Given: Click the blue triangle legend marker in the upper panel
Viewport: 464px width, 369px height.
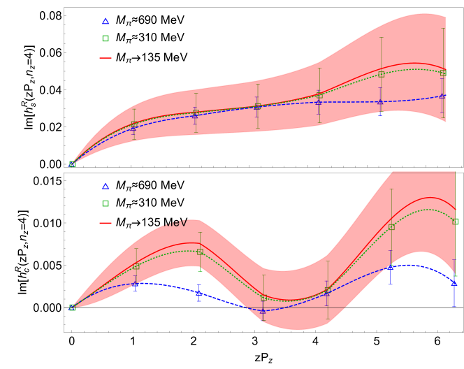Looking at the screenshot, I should tap(106, 22).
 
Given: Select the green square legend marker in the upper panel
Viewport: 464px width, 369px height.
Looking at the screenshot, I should tap(106, 38).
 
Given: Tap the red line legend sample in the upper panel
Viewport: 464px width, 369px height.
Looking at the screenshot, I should tap(106, 58).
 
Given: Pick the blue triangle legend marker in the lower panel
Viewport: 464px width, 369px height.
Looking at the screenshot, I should tap(106, 187).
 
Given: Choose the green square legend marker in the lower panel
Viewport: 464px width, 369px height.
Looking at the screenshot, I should tap(106, 204).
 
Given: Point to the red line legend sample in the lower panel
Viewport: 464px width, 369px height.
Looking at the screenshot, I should tap(106, 224).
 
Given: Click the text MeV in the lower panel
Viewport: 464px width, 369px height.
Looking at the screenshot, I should tap(175, 223).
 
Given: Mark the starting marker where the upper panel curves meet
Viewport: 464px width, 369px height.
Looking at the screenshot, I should tap(72, 164).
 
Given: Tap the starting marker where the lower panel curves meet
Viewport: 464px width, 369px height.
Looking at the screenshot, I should tap(72, 307).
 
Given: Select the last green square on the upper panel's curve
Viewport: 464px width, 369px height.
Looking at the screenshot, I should tap(444, 73).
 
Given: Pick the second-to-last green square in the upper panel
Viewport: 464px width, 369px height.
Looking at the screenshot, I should tap(382, 74).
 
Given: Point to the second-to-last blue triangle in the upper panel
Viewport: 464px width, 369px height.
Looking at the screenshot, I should tap(381, 102).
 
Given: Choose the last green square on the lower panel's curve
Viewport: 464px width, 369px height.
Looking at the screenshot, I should tap(455, 222).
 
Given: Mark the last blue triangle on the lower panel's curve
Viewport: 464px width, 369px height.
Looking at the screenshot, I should tap(454, 283).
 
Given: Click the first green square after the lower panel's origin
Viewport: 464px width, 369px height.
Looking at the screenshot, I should tap(136, 266).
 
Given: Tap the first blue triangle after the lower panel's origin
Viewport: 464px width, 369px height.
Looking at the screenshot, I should tap(136, 284).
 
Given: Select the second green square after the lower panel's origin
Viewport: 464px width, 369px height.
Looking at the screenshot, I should tap(200, 252).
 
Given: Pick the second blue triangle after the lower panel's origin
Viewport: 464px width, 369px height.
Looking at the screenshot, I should tap(199, 294).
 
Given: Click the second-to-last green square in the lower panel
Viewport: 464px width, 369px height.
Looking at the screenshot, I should tap(391, 227).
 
